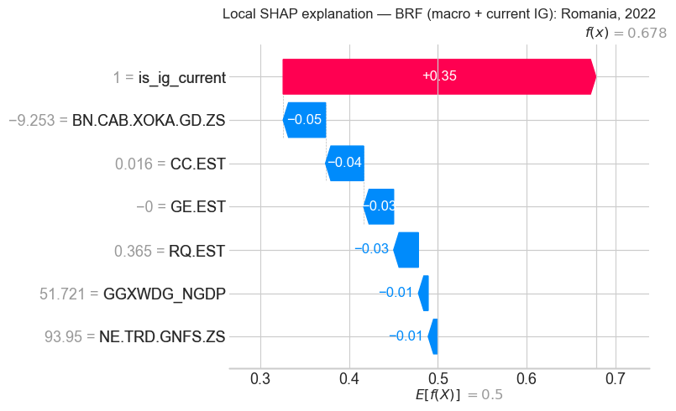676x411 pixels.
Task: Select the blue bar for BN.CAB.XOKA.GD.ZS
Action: tap(305, 120)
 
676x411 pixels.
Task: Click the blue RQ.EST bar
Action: tap(406, 250)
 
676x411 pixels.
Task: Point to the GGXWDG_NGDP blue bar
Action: tap(423, 294)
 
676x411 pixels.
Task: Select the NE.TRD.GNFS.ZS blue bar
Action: tap(432, 336)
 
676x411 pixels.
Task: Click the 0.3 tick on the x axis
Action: tap(260, 381)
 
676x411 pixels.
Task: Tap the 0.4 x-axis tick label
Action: tap(349, 381)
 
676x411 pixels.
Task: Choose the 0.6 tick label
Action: tap(527, 381)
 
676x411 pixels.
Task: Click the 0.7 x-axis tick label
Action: tap(616, 381)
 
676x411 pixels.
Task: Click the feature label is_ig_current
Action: tap(182, 78)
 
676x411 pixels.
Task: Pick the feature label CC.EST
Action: tap(199, 164)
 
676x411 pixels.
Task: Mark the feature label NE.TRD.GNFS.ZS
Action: tap(165, 338)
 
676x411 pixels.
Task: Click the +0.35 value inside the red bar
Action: tap(439, 76)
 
